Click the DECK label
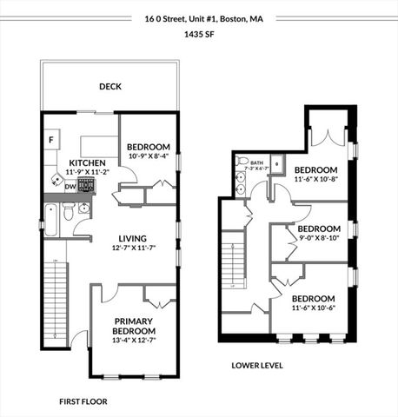click(x=109, y=86)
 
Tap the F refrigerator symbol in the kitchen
click(x=52, y=139)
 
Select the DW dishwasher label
click(x=70, y=186)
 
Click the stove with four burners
click(x=88, y=186)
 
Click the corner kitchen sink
click(x=56, y=184)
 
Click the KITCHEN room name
click(x=87, y=162)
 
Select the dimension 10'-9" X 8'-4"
click(x=148, y=157)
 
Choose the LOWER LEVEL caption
click(x=256, y=365)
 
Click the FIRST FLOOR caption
click(x=83, y=402)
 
